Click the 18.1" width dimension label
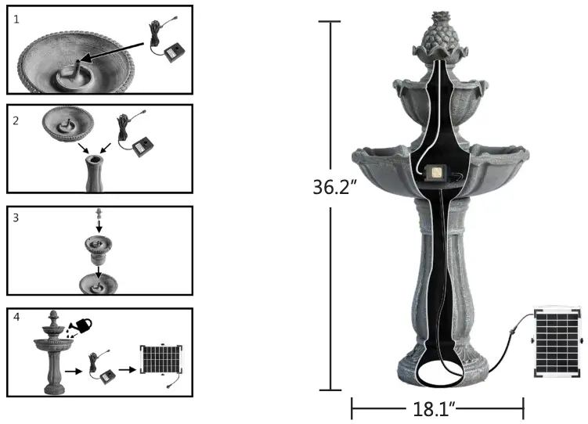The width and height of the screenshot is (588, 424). (437, 408)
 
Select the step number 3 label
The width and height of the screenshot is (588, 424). (17, 218)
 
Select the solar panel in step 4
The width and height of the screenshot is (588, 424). (162, 361)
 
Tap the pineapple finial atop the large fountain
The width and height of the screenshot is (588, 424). (436, 39)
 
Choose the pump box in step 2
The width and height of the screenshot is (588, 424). (142, 146)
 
